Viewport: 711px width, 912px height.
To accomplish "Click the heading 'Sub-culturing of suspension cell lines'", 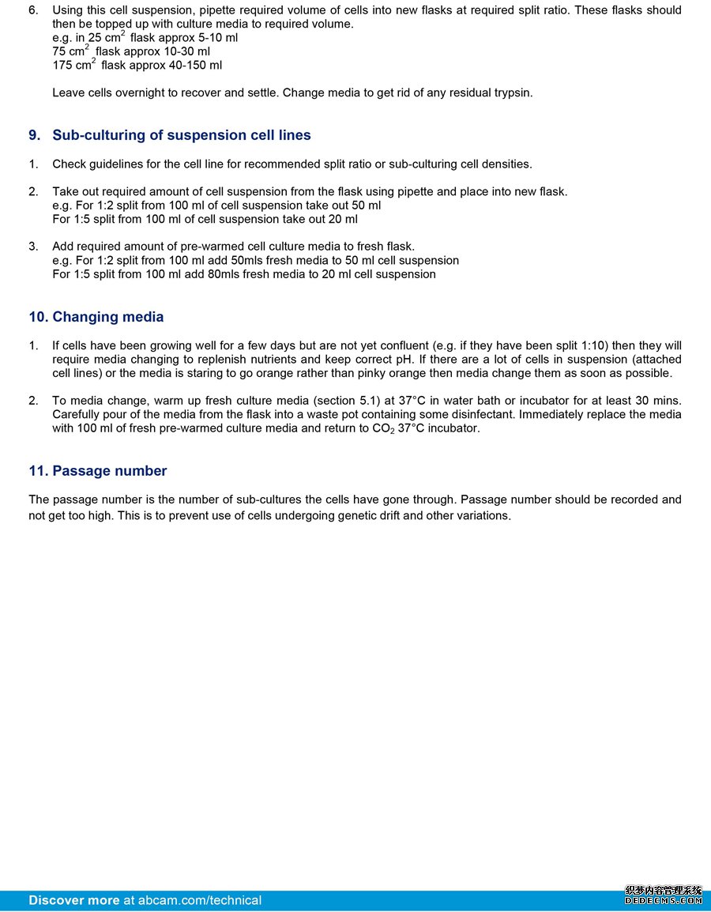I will (x=182, y=135).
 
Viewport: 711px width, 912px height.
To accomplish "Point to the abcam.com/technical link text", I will (x=199, y=900).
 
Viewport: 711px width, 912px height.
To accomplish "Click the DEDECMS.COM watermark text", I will (x=664, y=900).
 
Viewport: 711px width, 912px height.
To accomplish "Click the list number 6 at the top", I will (x=32, y=10).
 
